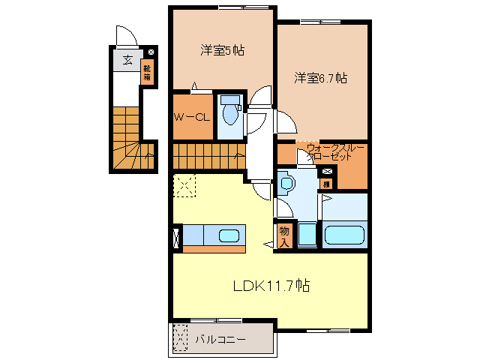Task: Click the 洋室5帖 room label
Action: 222,51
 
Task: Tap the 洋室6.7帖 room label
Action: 320,77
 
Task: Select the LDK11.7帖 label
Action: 271,285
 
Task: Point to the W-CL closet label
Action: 193,117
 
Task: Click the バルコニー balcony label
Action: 220,339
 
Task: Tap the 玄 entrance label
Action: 127,60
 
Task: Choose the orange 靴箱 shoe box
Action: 148,73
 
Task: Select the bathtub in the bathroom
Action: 344,235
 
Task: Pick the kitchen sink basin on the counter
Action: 229,235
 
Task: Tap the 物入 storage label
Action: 284,235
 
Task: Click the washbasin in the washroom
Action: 286,182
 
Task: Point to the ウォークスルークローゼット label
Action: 330,152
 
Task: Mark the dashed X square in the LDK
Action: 184,184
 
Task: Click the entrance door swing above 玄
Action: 124,36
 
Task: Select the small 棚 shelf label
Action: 326,184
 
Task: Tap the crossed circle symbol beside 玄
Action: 151,52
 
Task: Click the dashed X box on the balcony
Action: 179,338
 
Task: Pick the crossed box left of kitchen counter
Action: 176,236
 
